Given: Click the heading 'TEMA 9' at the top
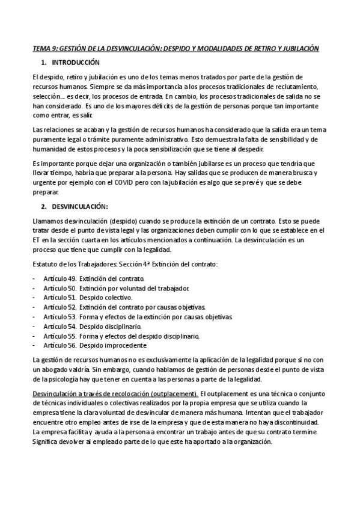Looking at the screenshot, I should coord(44,48).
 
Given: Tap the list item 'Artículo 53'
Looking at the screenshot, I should coord(139,317).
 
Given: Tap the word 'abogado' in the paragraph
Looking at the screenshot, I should coord(52,369).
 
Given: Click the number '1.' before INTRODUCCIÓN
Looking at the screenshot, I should coord(43,63).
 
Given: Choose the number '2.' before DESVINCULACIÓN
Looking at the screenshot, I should coord(43,206).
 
